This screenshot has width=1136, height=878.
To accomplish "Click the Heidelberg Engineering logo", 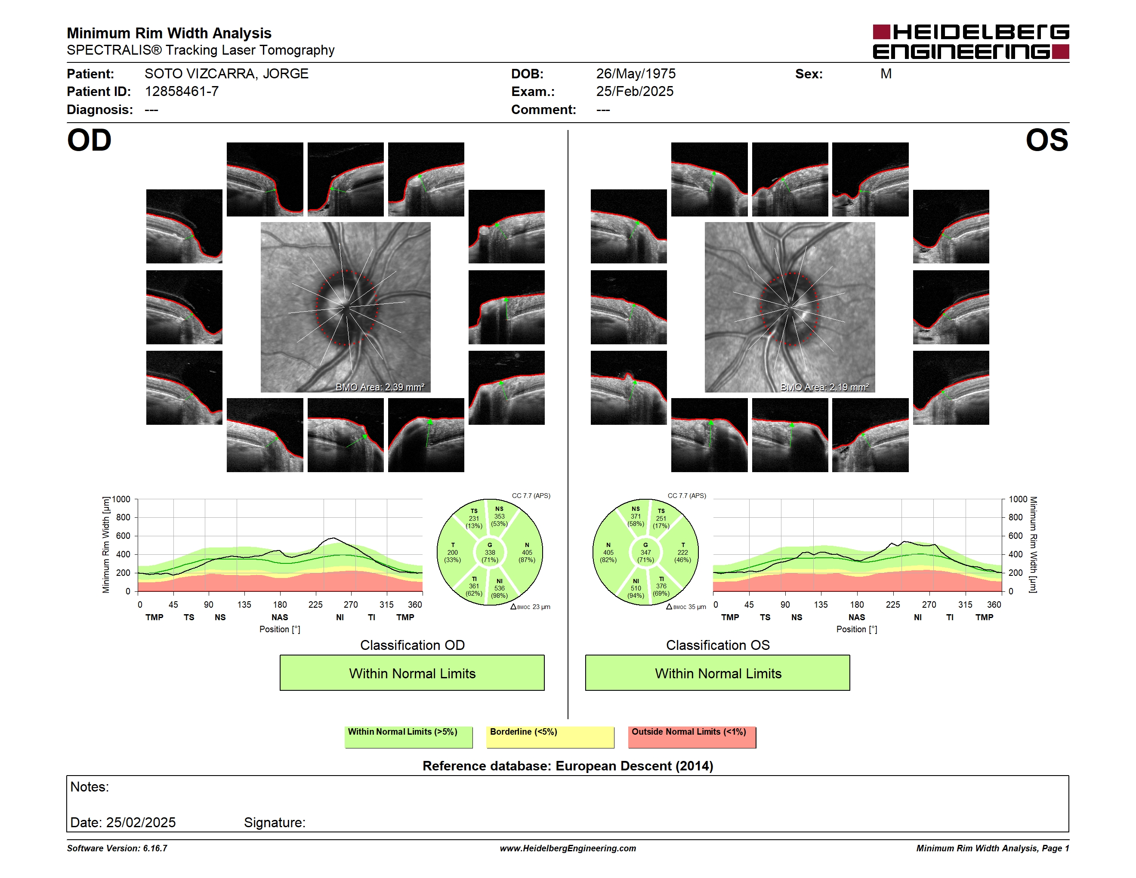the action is (971, 42).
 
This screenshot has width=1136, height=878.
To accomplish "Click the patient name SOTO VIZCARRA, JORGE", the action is (226, 74).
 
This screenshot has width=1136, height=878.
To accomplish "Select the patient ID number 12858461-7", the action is (182, 92).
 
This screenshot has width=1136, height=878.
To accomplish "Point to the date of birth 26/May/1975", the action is (636, 74).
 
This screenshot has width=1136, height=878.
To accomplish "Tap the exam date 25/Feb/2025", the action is (635, 92).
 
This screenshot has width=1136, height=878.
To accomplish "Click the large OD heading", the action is (90, 140).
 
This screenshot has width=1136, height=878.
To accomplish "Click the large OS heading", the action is (1046, 140).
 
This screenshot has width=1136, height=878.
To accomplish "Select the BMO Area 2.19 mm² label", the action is (824, 387).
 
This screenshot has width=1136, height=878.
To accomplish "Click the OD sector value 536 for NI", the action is (499, 588).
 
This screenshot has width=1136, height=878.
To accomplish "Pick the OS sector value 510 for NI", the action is (636, 588).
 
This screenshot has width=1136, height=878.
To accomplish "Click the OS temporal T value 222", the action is (682, 552).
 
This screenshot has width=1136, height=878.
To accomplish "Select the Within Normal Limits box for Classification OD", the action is (412, 673).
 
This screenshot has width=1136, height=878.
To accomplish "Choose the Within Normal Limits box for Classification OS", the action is (718, 673).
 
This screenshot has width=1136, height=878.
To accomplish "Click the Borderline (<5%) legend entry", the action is (550, 737).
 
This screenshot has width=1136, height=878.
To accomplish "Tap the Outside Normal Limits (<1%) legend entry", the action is (692, 737).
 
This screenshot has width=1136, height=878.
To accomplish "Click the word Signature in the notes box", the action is (274, 822).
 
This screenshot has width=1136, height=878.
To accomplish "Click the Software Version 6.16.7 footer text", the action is (117, 848).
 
